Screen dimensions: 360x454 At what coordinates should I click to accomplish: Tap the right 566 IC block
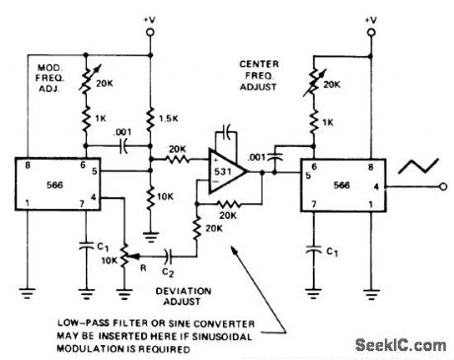(333, 181)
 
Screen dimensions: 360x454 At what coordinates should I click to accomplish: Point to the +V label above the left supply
(147, 19)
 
